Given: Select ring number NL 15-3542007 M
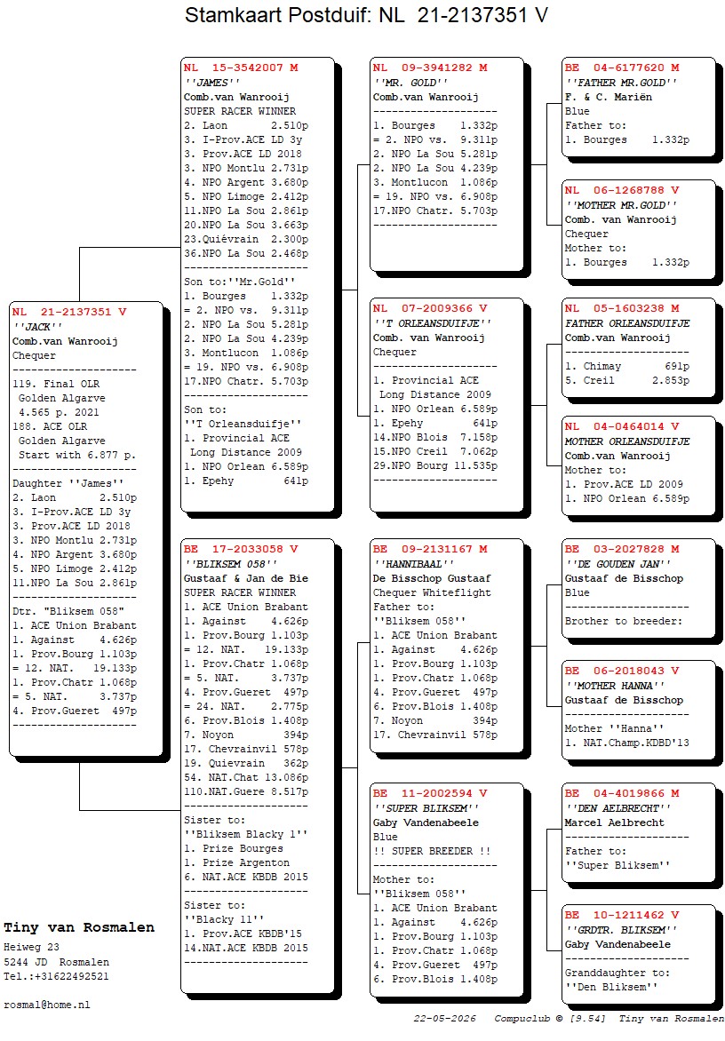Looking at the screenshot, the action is pos(241,68).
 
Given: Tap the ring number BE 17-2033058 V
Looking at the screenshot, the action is pos(241,549).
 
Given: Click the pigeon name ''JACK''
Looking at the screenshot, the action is pos(37,327).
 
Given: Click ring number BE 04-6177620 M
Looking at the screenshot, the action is pos(622,68).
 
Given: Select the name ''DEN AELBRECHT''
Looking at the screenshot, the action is pos(618,808).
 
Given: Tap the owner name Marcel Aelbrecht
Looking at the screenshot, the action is pos(614,822).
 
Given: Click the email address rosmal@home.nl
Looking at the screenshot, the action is pos(46,1005).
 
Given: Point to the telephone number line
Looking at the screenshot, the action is pos(56,976).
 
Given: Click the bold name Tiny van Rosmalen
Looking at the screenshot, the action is pos(79,927).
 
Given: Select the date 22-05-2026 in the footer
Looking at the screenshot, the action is pos(445,1019).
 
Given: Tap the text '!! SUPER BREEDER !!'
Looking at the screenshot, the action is pos(432,851).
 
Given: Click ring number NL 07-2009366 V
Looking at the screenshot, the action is pos(430,309).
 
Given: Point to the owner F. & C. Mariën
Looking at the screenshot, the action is pos(609,97).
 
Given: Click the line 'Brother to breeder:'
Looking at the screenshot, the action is pos(624,622).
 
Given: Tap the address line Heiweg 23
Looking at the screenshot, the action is pos(31,948).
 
